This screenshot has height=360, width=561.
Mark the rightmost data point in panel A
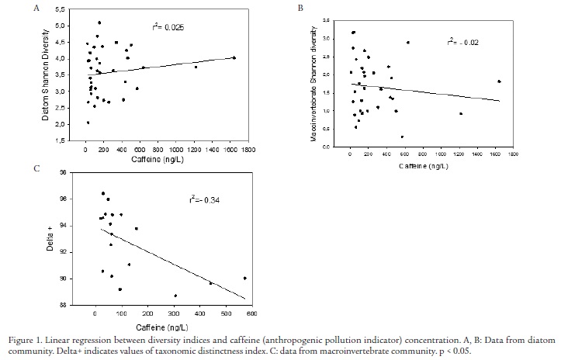pos(234,57)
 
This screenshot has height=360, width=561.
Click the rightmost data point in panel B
pos(499,81)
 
